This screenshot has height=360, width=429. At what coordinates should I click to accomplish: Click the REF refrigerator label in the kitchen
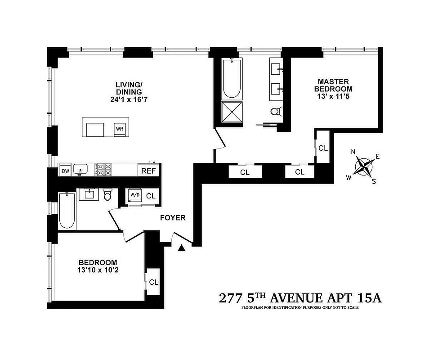pos(148,171)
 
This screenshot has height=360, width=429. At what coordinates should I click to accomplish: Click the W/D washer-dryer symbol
pos(135,195)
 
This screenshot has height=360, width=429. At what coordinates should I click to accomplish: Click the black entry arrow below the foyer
pos(182,248)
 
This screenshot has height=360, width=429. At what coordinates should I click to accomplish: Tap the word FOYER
pos(173,218)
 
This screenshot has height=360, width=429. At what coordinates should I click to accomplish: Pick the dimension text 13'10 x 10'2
pos(98,270)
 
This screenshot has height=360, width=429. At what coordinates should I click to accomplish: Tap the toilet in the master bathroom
pos(275,111)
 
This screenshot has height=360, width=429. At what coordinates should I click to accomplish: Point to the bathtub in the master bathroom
pos(232,80)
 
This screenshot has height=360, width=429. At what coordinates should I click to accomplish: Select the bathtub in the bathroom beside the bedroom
pos(67,211)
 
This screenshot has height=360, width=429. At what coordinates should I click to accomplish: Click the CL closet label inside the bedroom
pos(154,282)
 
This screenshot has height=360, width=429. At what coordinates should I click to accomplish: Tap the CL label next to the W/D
pos(151,196)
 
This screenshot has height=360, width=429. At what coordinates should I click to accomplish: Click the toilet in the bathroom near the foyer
pos(107,195)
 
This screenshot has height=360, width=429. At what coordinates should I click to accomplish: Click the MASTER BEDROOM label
pos(333,85)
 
